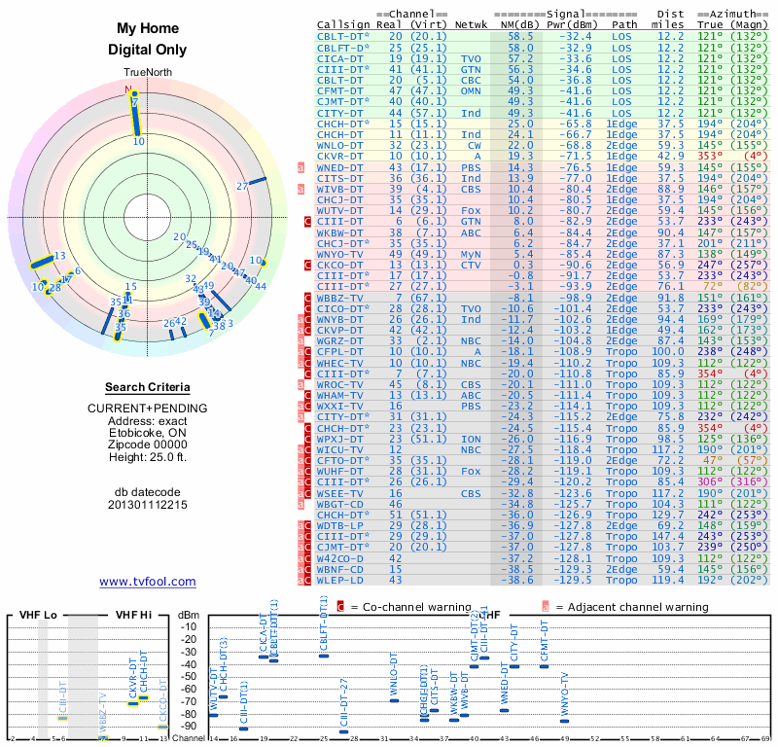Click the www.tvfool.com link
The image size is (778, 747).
(147, 582)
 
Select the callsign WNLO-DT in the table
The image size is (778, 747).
(339, 144)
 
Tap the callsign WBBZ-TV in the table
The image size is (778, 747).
(339, 298)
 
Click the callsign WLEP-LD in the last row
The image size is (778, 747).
(339, 580)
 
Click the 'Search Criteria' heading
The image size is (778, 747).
(147, 387)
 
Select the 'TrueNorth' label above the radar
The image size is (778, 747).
(147, 74)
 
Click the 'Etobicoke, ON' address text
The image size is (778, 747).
(148, 434)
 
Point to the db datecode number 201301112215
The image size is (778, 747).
(148, 506)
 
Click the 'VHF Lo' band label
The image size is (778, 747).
(39, 615)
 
